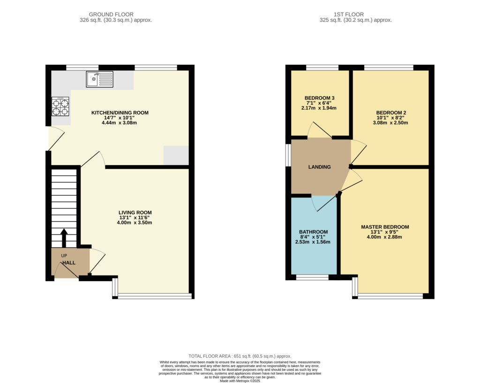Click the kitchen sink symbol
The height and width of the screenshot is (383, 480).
coord(99,79)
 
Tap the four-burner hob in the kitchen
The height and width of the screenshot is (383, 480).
coord(60,107)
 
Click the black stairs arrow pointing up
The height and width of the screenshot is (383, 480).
coord(64,238)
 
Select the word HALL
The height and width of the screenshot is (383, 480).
coord(69,262)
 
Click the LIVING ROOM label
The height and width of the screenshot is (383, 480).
coord(135,212)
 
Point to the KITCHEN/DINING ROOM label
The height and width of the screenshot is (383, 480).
coord(120,113)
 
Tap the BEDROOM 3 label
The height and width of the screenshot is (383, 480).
coord(319,98)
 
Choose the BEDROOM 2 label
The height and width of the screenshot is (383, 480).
coord(391,113)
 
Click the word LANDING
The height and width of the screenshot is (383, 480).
coord(319,167)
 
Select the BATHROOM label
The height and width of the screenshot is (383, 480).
coord(313,232)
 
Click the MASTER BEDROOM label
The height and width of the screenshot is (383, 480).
coord(385,227)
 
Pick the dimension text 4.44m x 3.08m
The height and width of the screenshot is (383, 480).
coord(119,123)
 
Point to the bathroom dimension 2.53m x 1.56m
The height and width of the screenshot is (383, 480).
coord(313,242)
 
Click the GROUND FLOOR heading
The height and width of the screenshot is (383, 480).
coord(111,15)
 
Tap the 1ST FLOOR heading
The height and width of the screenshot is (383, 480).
coord(349,15)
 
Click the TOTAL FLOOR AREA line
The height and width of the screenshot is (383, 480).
coord(240,356)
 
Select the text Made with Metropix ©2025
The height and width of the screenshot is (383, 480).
coord(240,381)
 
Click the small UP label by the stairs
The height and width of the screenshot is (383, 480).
coord(64,255)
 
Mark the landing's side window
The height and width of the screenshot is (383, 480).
coord(288,155)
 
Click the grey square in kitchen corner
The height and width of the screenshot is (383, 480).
coord(176,155)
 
